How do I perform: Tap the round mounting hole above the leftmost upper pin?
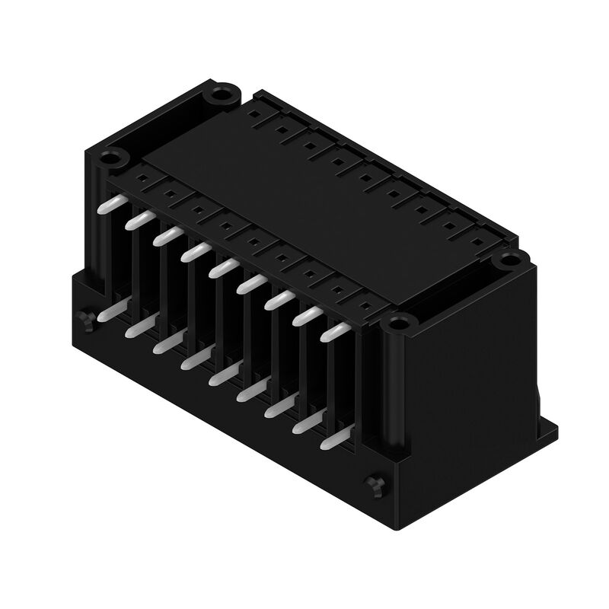coord(113,160)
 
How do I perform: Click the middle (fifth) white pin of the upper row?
coord(222,267)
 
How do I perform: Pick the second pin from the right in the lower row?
coord(304,422)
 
